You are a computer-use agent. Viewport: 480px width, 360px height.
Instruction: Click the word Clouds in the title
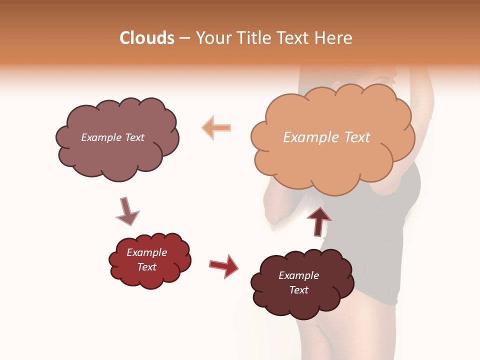tap(147, 38)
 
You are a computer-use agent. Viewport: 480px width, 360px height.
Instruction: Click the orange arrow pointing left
tap(217, 127)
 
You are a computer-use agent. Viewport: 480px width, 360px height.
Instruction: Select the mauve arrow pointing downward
tap(126, 211)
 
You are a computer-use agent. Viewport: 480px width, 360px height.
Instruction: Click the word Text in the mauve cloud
tap(134, 137)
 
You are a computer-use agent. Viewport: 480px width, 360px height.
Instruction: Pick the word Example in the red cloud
tap(146, 252)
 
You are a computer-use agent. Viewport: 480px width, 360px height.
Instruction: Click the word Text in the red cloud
tap(146, 267)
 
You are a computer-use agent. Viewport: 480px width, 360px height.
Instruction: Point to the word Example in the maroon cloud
tap(298, 275)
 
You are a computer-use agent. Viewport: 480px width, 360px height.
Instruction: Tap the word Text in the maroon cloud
tap(298, 290)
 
